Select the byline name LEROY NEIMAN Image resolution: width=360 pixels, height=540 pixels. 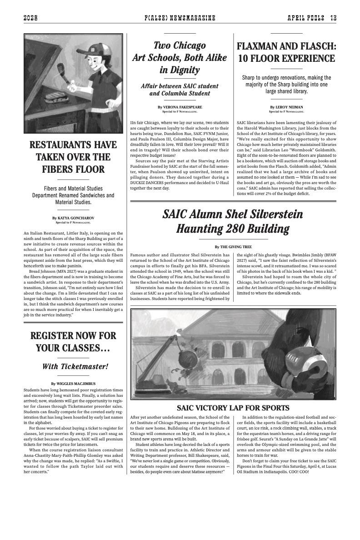(289, 107)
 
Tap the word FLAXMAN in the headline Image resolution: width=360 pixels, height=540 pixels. (263, 46)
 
